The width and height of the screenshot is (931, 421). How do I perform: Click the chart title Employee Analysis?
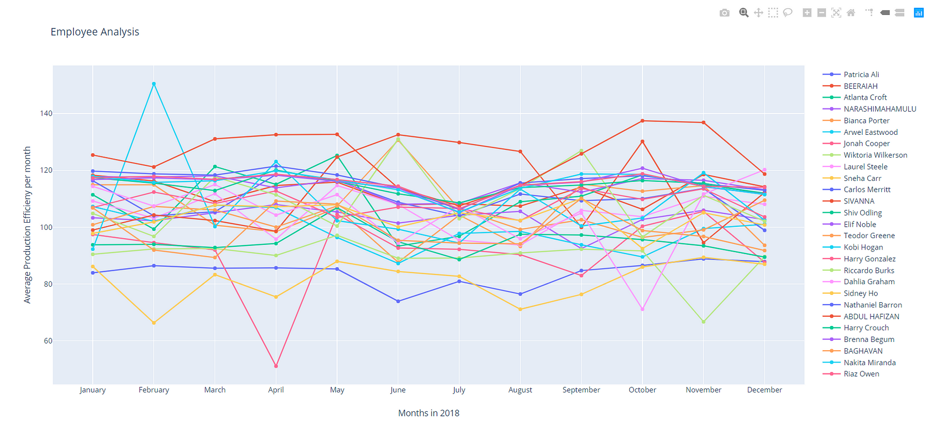tap(95, 32)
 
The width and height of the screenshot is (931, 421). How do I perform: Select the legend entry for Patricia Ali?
tap(861, 74)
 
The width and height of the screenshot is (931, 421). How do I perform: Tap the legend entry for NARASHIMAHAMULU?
tap(879, 109)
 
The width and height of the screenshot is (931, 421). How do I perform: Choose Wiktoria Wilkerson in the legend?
tap(875, 155)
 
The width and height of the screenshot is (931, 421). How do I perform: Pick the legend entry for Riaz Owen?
tap(861, 374)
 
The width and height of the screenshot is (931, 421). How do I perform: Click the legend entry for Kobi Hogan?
tap(863, 247)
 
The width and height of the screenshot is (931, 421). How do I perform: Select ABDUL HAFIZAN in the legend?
tap(871, 317)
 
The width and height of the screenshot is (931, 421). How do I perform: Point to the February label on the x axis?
tap(154, 390)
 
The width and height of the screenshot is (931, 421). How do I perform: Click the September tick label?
tap(581, 390)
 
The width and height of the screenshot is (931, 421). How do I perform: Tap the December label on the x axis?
tap(764, 390)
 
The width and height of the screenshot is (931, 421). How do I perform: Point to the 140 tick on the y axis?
tap(46, 114)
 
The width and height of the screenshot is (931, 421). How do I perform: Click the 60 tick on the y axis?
tap(48, 341)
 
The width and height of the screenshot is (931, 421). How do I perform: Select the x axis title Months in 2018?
tap(428, 413)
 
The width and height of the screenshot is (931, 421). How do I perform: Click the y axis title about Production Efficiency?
tap(27, 225)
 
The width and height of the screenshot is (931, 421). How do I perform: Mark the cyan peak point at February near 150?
tap(154, 84)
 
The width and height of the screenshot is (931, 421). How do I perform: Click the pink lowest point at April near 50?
tap(276, 366)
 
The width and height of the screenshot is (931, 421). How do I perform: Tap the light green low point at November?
tap(703, 322)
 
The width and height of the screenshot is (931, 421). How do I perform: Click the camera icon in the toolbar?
tap(724, 13)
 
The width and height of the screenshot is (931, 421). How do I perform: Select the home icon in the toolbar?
tap(851, 13)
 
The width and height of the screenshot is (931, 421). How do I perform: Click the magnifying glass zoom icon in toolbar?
tap(744, 13)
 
